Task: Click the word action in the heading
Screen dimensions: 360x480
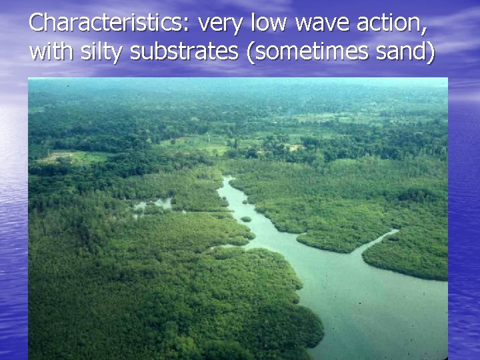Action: [x=391, y=23]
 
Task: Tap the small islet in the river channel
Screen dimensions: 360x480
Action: [x=246, y=219]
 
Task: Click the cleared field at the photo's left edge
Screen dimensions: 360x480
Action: [x=56, y=158]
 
